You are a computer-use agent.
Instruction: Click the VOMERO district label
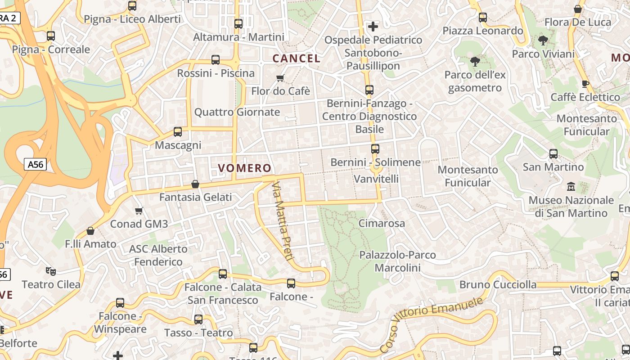(245, 168)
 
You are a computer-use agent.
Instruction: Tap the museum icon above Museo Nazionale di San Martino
(571, 186)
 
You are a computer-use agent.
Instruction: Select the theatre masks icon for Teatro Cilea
(50, 271)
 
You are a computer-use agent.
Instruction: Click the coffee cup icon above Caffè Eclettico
(585, 84)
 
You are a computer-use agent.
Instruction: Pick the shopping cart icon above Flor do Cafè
(280, 78)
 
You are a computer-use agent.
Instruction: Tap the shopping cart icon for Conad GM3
(139, 211)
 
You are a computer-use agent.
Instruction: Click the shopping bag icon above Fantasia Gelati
(195, 184)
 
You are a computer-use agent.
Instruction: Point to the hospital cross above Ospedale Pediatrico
(373, 27)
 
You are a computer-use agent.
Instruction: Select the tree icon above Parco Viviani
(543, 40)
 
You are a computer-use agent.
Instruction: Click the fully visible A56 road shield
(36, 165)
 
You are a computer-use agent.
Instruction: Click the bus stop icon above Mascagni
(178, 132)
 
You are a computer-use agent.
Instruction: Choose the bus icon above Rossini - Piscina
(216, 60)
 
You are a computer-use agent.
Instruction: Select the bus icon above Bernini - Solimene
(375, 149)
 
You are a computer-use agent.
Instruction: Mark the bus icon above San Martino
(553, 154)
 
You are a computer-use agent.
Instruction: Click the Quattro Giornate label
(237, 112)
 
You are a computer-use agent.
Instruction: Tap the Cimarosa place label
(382, 223)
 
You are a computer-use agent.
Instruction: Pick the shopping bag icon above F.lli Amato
(90, 231)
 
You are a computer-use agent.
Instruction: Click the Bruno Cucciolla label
(498, 284)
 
